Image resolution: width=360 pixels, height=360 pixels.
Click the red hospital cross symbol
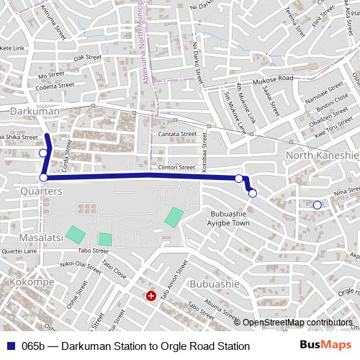point(150,296)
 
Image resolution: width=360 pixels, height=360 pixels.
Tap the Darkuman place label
point(33,112)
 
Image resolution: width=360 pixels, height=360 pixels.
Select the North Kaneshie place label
point(322,156)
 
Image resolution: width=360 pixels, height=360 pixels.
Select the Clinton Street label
point(177,166)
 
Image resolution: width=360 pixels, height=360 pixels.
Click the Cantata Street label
point(177,135)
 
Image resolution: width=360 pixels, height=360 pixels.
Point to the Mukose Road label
point(273,78)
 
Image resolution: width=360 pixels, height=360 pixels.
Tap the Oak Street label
point(88,57)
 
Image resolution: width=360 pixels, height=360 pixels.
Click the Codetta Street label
point(56,85)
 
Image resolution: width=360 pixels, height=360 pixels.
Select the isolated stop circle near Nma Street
point(317,205)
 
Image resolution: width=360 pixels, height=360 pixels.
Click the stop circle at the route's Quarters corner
point(43,177)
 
